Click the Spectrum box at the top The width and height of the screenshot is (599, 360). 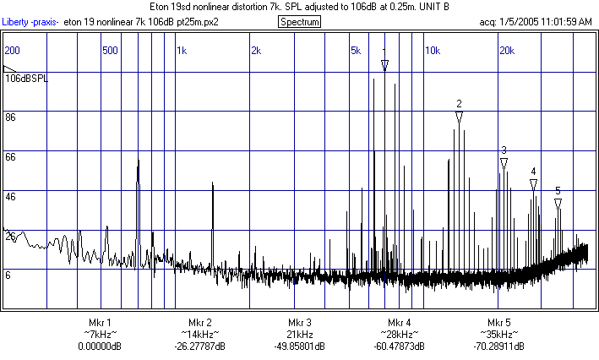(x=299, y=21)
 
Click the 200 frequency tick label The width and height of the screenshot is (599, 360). (x=13, y=50)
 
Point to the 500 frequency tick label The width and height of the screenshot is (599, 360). (x=110, y=50)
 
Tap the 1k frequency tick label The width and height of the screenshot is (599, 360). (x=182, y=50)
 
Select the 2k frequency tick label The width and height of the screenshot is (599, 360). (x=256, y=50)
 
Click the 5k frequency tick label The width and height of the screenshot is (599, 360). (x=356, y=50)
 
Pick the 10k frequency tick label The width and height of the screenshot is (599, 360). (x=433, y=50)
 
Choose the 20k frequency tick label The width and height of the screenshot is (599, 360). (x=507, y=50)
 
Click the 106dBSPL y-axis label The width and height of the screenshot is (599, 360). (x=26, y=79)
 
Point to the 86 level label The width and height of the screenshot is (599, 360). (x=11, y=117)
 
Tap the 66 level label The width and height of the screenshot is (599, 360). (x=11, y=157)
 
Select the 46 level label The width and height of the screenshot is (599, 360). (x=11, y=196)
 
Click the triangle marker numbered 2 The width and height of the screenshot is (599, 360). (x=459, y=118)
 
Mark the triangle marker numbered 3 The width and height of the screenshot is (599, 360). (x=504, y=164)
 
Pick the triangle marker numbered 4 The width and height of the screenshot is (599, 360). (x=533, y=184)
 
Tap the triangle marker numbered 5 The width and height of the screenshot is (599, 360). (x=558, y=204)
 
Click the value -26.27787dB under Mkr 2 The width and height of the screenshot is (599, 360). (x=200, y=346)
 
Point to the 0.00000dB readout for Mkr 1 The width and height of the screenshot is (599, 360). (x=100, y=346)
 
